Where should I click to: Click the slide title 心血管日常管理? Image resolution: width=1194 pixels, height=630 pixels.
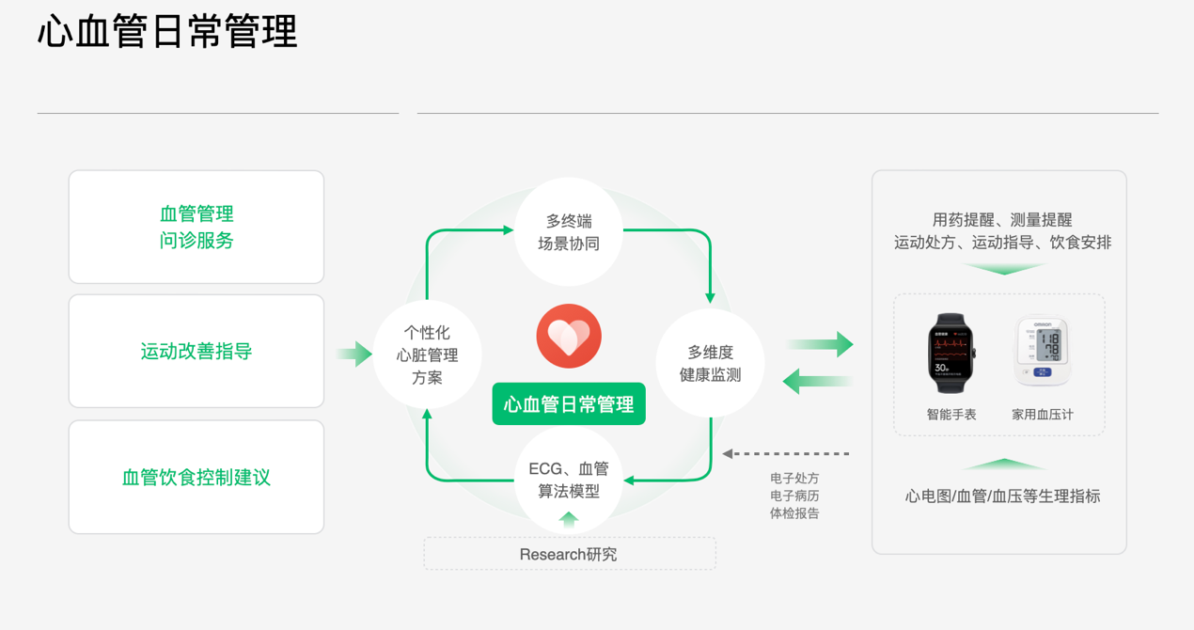pos(167,32)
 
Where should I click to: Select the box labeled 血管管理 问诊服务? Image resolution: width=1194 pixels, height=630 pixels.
pos(196,227)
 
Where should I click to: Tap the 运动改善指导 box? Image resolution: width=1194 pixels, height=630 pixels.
pos(196,352)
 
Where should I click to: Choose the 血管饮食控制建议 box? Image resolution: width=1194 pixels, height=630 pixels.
pos(196,477)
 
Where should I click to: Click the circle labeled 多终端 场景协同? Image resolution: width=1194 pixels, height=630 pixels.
pos(569,231)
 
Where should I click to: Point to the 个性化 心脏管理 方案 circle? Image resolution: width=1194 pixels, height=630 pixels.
pos(428,354)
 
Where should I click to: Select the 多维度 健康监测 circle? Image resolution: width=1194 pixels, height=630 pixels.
pos(710,363)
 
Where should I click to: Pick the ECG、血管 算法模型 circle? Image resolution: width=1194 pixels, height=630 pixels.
pos(569,480)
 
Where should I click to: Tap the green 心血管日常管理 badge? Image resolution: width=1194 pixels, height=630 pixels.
pos(569,404)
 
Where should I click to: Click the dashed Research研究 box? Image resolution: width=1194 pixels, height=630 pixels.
pos(569,554)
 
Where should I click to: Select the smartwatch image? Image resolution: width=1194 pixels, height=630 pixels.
pos(951,353)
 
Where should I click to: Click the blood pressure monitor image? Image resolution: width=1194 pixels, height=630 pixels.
pos(1043,351)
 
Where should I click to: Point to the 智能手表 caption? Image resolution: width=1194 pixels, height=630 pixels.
pos(951,414)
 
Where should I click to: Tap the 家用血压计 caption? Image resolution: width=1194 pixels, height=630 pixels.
pos(1043,414)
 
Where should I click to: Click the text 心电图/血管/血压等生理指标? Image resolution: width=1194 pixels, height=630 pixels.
pos(1002,496)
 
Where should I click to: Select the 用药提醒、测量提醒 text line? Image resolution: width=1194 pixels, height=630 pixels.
pos(1002,220)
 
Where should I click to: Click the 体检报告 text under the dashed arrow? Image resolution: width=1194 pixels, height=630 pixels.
pos(794,513)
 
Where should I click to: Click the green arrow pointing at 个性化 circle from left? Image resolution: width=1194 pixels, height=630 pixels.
pos(354,354)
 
